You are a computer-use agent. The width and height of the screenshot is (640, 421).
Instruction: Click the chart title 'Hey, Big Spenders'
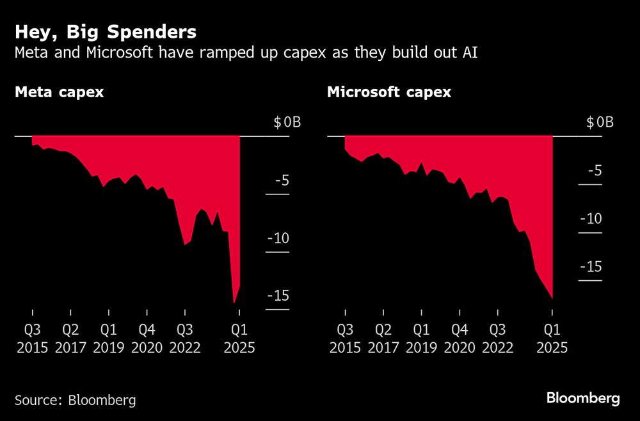point(105,32)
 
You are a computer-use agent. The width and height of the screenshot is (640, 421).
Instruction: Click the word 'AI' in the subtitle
point(469,53)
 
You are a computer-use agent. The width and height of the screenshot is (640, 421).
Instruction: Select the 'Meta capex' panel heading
point(59,92)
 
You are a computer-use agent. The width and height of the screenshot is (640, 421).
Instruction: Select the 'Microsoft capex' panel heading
point(388,92)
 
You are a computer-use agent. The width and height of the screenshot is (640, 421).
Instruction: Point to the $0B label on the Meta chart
point(287,122)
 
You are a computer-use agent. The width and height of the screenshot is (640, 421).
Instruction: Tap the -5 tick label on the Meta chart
point(282,180)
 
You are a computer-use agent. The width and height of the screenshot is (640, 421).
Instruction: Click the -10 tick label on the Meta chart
point(278,238)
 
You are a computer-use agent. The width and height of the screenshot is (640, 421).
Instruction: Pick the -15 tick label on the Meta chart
point(278,296)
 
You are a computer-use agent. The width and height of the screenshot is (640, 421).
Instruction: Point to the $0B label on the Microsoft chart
point(600,122)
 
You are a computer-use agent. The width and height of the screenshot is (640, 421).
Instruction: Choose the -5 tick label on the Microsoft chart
point(594,171)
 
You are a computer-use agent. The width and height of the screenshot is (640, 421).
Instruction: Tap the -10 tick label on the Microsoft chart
point(591,219)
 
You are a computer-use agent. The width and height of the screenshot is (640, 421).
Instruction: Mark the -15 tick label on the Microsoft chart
point(591,267)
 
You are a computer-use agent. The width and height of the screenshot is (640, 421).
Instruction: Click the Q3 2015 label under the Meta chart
point(32,339)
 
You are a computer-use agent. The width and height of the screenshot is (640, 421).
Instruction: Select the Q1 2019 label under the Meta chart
point(108,339)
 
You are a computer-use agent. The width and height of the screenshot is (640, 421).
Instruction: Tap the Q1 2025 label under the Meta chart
point(239,339)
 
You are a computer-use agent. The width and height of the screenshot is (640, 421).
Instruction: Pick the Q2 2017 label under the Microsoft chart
point(383,339)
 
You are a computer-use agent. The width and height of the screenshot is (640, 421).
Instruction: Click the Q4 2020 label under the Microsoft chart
point(460,339)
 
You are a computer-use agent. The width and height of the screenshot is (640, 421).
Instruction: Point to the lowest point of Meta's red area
point(234,303)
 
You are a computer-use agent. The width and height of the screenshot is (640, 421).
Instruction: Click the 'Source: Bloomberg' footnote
point(75,401)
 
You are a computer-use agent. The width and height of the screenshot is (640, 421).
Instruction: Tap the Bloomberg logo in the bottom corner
point(583,399)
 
